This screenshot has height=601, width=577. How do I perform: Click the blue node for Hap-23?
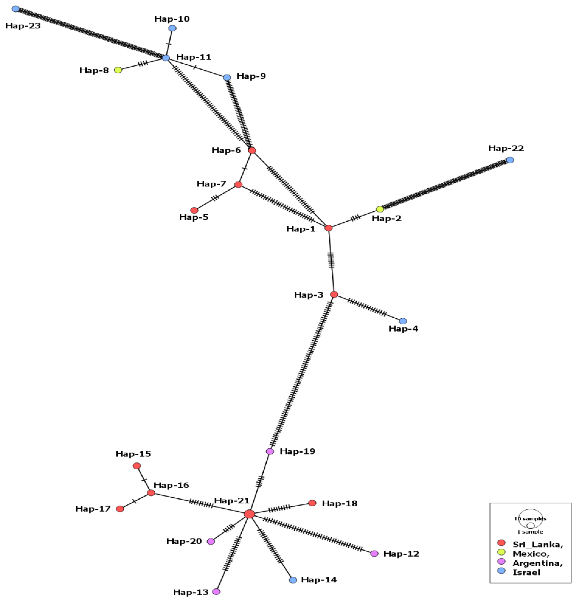(x=16, y=9)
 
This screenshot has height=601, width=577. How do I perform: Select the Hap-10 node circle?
(x=173, y=28)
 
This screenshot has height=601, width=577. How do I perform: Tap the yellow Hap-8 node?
(x=118, y=70)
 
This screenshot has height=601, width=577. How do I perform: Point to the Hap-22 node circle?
(x=510, y=160)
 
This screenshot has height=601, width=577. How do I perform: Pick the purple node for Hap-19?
(x=270, y=451)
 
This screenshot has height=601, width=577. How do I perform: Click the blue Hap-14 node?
(x=293, y=580)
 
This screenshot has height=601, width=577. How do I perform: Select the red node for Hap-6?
(x=252, y=150)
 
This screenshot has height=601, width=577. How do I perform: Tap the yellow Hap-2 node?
(x=380, y=209)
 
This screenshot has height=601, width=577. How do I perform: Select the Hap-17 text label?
(x=93, y=509)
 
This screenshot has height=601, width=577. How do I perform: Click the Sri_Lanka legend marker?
(x=501, y=542)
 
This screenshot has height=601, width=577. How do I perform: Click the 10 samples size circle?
(x=531, y=518)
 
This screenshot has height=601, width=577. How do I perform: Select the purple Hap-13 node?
(x=216, y=592)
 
